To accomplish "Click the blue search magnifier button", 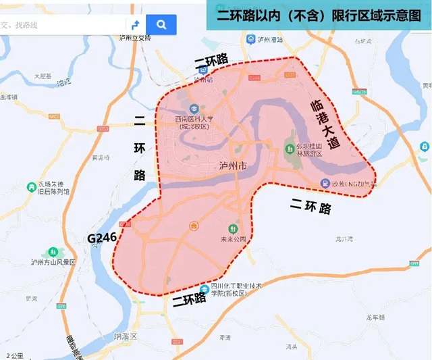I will (161, 25).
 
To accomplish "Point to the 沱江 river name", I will (63, 84).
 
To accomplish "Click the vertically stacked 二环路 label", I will (140, 148).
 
